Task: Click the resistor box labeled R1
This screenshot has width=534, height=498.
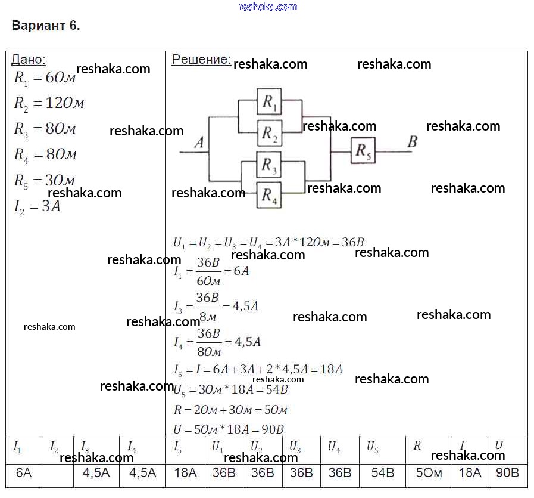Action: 269,102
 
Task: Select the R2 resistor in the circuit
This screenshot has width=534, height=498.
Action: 269,133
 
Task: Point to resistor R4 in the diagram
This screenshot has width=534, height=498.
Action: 269,194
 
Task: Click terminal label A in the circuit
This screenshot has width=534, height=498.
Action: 199,143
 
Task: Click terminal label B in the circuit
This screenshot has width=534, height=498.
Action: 412,142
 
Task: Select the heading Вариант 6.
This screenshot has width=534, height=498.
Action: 46,26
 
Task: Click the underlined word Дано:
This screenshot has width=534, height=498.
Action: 29,59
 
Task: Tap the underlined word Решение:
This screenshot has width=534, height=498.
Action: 201,59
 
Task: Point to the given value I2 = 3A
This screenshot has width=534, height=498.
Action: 37,207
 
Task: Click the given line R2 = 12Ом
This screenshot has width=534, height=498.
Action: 49,103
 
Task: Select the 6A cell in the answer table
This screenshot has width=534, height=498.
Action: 24,473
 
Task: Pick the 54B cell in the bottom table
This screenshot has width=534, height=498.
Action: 382,473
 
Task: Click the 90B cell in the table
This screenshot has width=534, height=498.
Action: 507,473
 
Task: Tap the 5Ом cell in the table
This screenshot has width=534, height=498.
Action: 428,473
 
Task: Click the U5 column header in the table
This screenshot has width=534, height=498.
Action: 373,447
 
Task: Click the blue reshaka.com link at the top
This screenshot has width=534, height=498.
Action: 267,7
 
